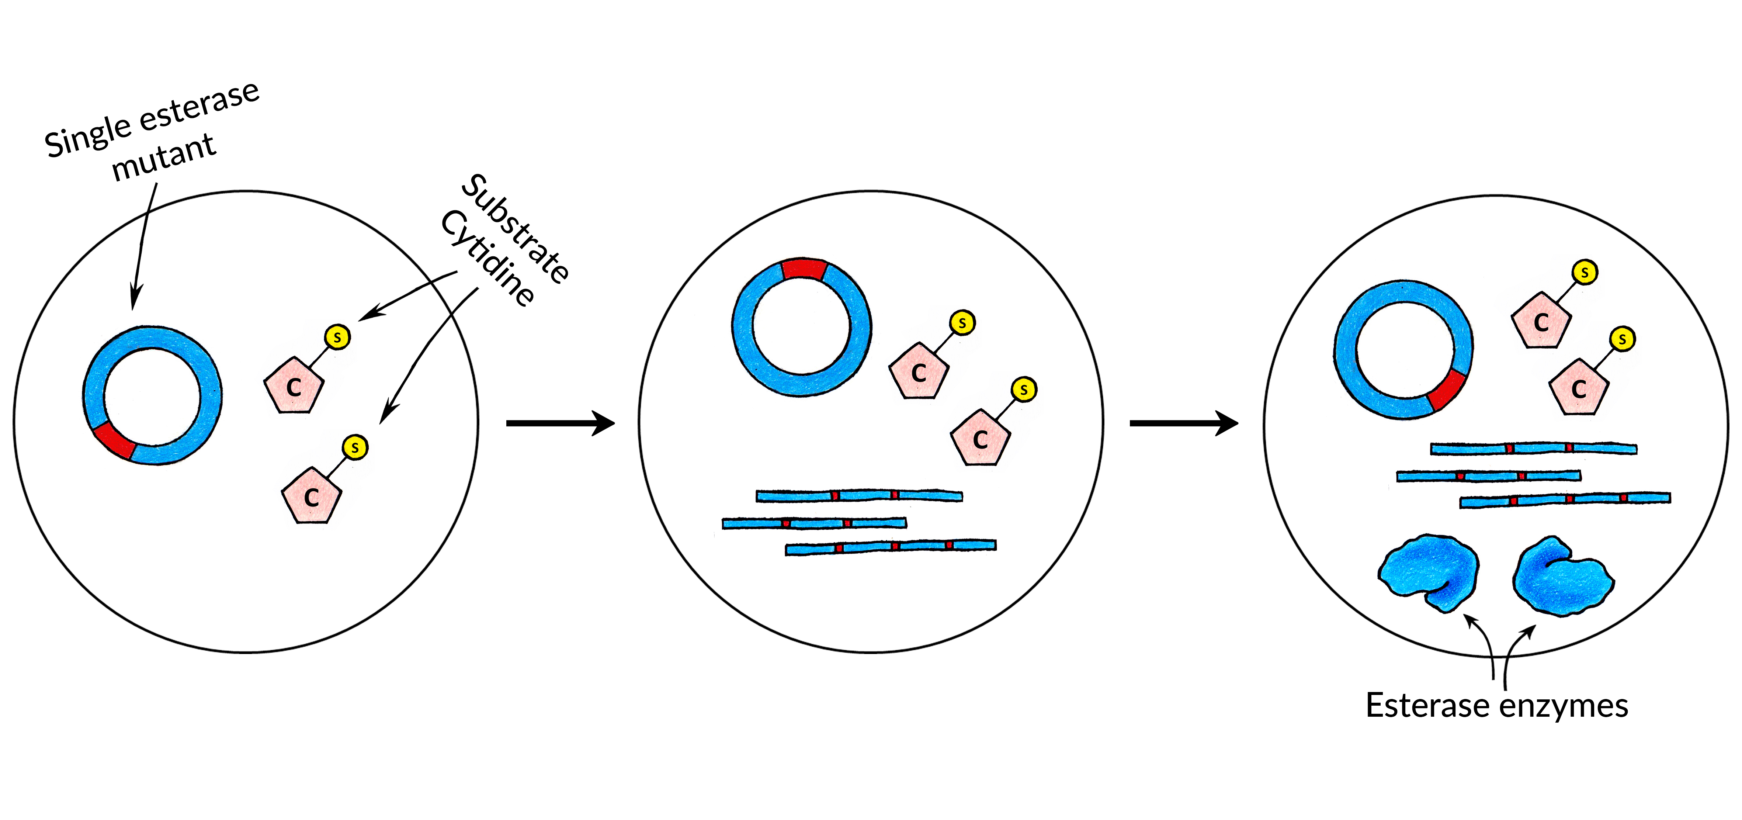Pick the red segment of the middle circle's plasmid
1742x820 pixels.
(804, 269)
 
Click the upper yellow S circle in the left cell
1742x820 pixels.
(337, 336)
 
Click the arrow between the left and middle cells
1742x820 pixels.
(560, 423)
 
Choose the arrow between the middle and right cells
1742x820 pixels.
(1183, 423)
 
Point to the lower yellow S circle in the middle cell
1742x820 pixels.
(1024, 390)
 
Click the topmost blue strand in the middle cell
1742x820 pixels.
(859, 496)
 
